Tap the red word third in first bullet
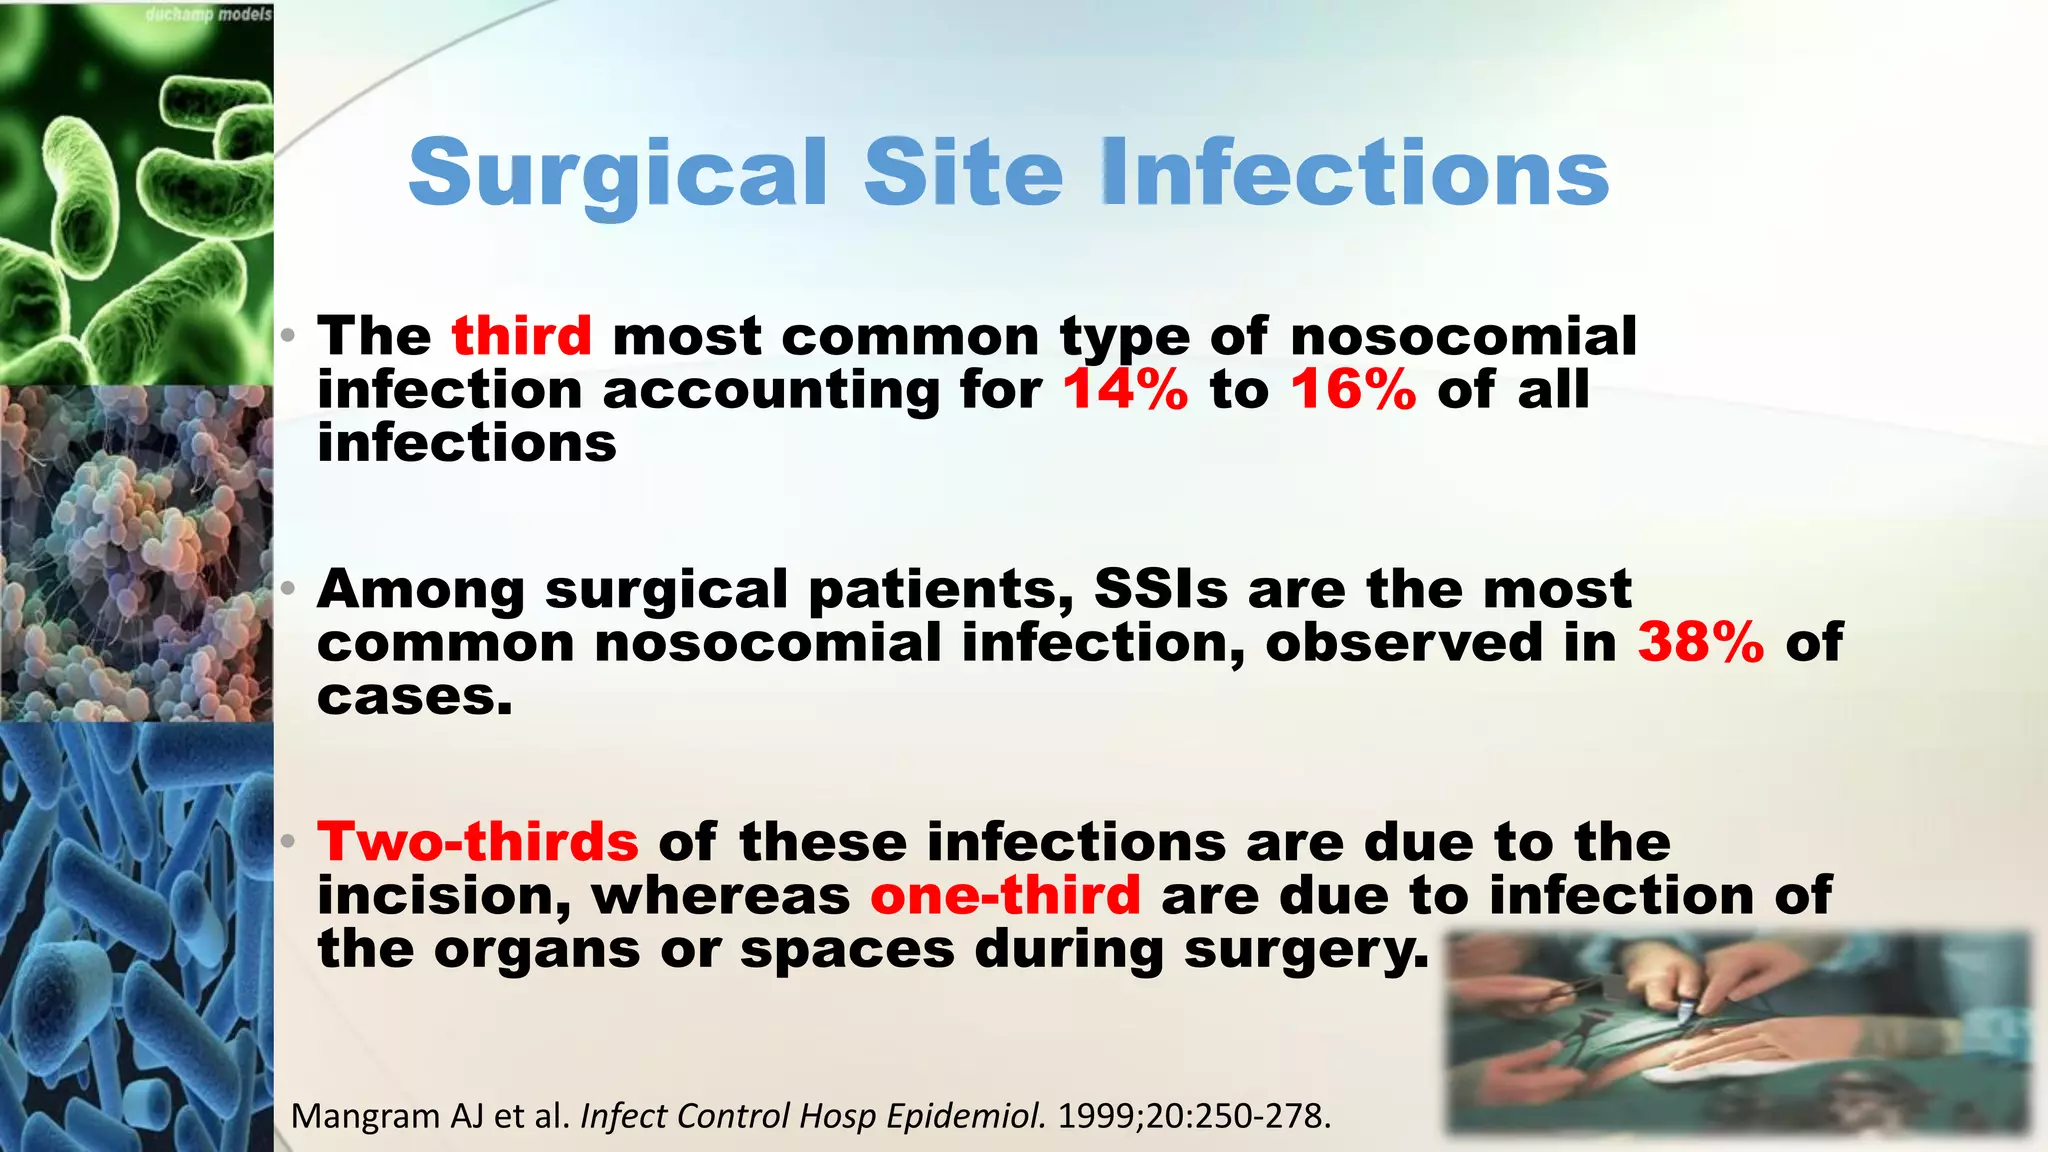click(521, 336)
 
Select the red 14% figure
click(1125, 389)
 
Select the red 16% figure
click(1353, 389)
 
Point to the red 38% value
click(1700, 642)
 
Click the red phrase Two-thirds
click(478, 842)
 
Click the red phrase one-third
click(1005, 895)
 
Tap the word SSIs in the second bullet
click(1160, 589)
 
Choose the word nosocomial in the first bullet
click(1463, 336)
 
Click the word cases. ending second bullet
click(414, 697)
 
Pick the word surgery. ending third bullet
click(1307, 949)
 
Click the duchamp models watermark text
click(208, 15)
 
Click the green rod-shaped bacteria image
click(136, 200)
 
